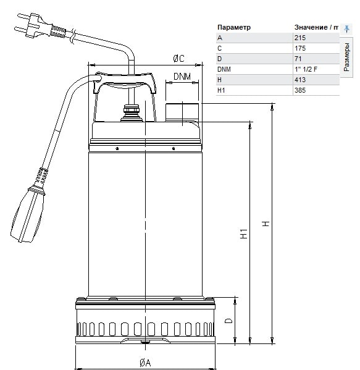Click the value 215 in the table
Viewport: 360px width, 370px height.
[x=300, y=38]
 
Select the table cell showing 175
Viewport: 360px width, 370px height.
[x=300, y=48]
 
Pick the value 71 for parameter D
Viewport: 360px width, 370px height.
[x=298, y=59]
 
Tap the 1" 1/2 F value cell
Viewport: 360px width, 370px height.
[x=306, y=69]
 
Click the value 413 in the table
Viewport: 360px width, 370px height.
[x=300, y=80]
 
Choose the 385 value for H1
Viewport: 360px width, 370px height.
[x=300, y=90]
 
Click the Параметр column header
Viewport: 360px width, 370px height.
[x=234, y=27]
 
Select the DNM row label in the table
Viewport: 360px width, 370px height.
[x=224, y=69]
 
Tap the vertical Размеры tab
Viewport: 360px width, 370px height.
[x=346, y=57]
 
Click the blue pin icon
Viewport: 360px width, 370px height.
[x=346, y=29]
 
